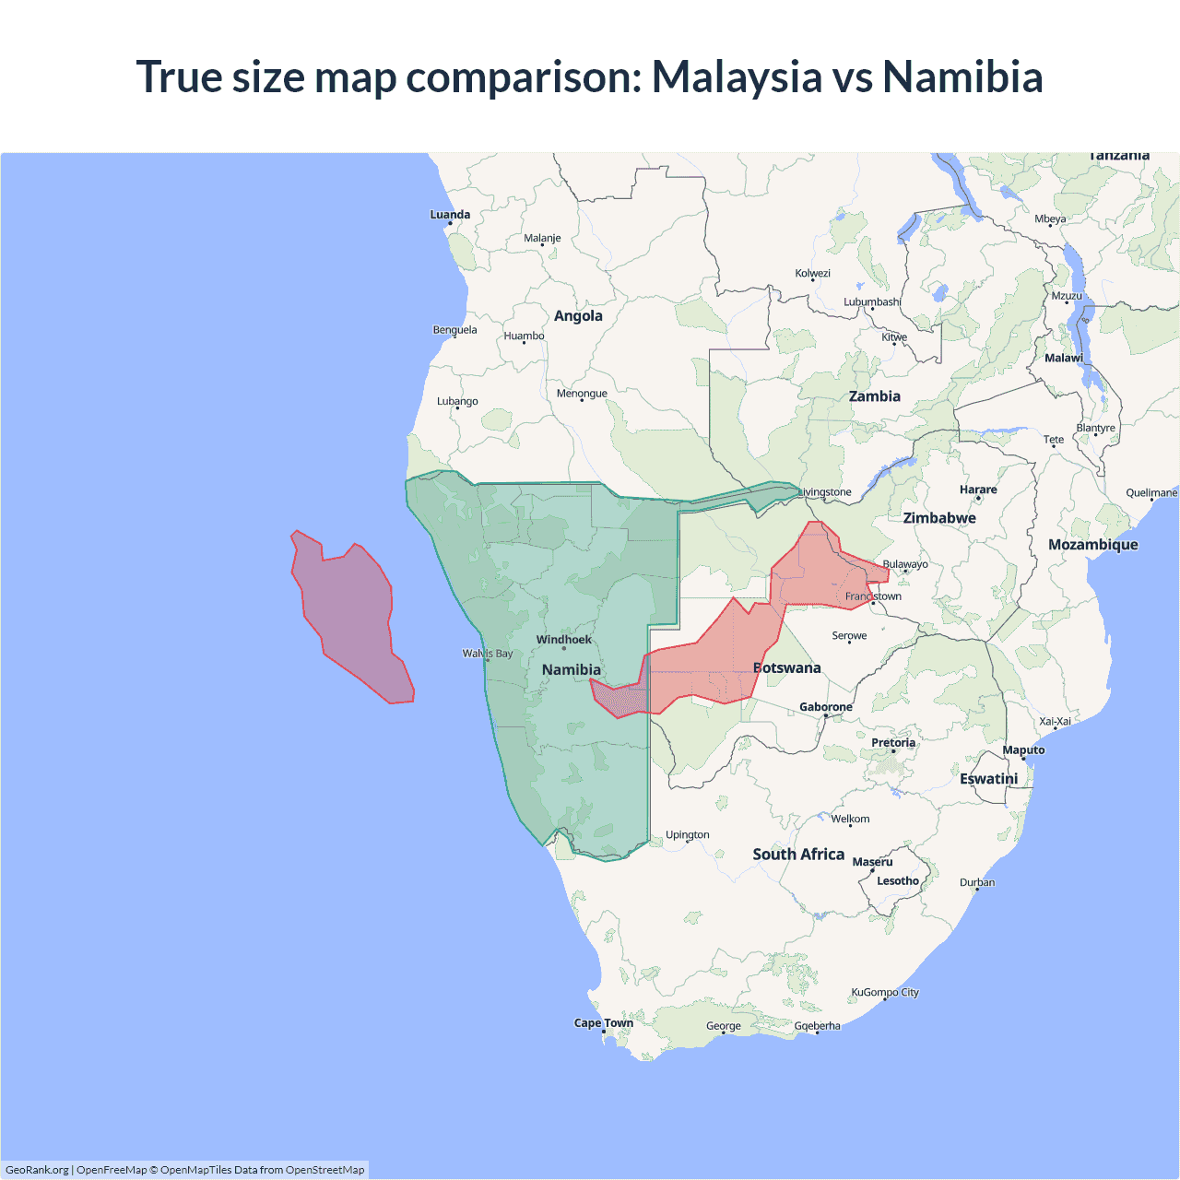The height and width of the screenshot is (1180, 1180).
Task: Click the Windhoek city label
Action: click(x=564, y=640)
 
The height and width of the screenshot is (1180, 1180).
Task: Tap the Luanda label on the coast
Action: click(x=450, y=215)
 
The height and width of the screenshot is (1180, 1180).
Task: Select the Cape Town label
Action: click(x=604, y=1022)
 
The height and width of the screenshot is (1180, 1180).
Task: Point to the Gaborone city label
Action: click(x=826, y=707)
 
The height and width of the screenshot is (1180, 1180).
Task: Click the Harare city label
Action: click(x=978, y=490)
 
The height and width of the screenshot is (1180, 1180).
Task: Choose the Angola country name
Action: click(x=578, y=316)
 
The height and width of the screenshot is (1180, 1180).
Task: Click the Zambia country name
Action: click(x=875, y=396)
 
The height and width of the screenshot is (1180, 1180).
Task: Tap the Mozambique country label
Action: click(x=1093, y=545)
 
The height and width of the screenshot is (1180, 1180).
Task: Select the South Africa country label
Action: click(x=798, y=855)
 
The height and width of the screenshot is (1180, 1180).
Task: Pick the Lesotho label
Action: click(x=898, y=881)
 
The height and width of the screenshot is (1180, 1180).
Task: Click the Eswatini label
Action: click(x=989, y=779)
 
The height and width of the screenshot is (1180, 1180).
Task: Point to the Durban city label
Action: click(x=977, y=882)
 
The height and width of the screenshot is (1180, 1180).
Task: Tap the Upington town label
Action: click(x=688, y=835)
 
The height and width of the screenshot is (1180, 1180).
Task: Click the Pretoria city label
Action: click(x=893, y=743)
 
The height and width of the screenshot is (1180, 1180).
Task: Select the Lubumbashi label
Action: click(x=872, y=302)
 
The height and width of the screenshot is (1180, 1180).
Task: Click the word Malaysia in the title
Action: click(x=737, y=77)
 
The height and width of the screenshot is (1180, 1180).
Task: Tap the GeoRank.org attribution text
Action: click(x=37, y=1170)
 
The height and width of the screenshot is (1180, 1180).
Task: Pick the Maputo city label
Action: click(x=1023, y=750)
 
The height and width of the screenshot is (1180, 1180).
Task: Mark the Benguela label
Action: click(x=455, y=330)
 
